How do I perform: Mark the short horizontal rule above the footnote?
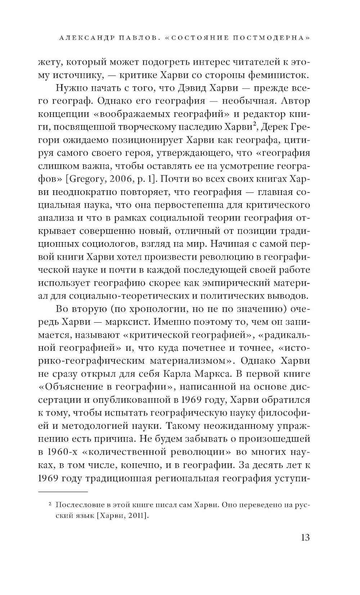(63, 491)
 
